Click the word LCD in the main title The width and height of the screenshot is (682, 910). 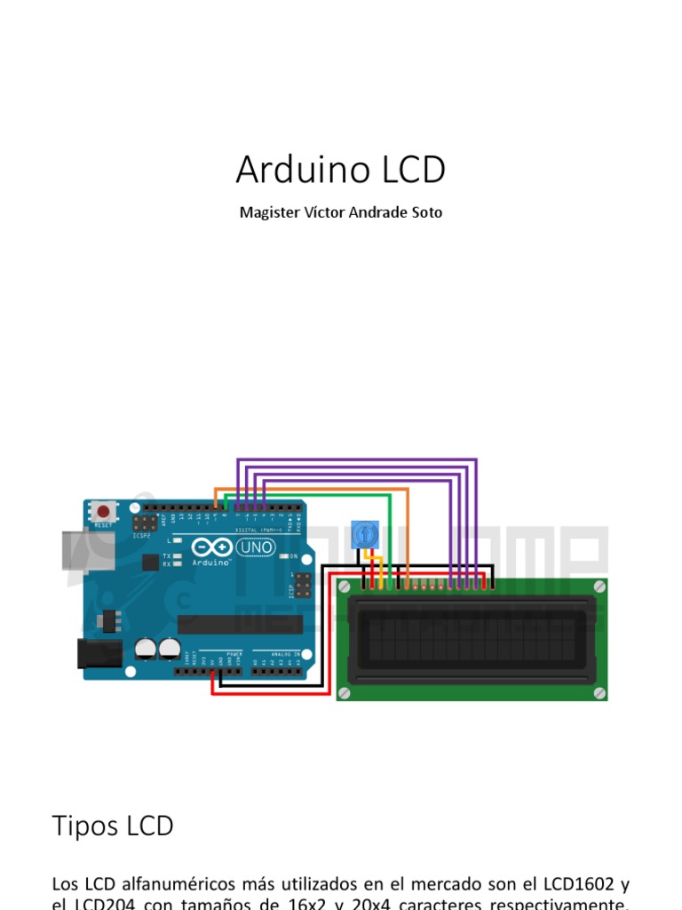(409, 170)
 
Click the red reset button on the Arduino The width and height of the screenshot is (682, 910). (104, 512)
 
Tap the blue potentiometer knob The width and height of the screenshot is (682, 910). (364, 535)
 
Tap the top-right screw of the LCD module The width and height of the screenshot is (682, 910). (599, 586)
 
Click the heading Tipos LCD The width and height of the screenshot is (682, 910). (113, 826)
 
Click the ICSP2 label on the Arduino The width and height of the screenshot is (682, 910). (141, 536)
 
